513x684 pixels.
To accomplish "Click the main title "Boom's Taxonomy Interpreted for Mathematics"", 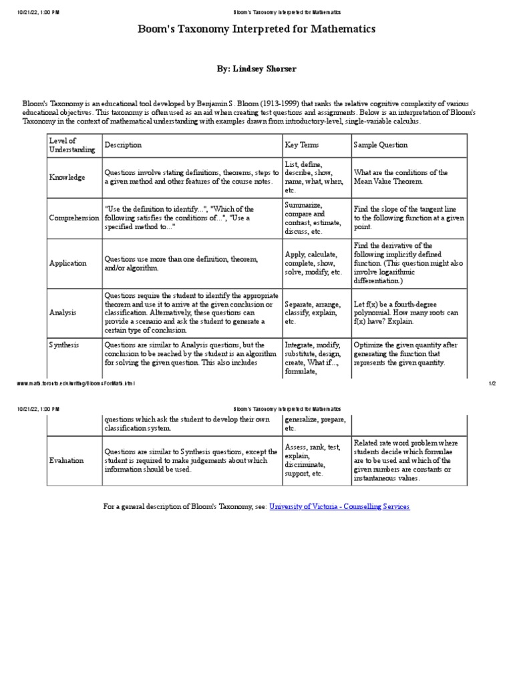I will point(256,29).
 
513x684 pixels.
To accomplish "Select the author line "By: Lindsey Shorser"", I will point(256,69).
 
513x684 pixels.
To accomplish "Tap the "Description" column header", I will point(124,145).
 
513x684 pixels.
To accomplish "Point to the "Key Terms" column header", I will point(302,145).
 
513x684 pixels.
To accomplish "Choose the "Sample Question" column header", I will point(380,145).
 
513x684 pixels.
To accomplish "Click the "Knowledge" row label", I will point(67,178).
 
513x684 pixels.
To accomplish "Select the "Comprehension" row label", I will point(73,218).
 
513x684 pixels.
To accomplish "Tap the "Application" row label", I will point(68,263).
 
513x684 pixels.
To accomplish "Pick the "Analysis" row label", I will point(63,312).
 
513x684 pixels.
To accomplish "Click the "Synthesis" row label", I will point(64,345).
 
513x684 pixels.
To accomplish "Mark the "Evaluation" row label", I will point(67,460).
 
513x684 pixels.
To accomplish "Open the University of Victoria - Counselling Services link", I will point(339,507).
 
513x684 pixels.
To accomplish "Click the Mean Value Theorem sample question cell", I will point(401,177).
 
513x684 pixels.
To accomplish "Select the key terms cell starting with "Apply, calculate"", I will point(313,263).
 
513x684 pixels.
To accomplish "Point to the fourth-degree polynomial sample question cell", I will point(406,312).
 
